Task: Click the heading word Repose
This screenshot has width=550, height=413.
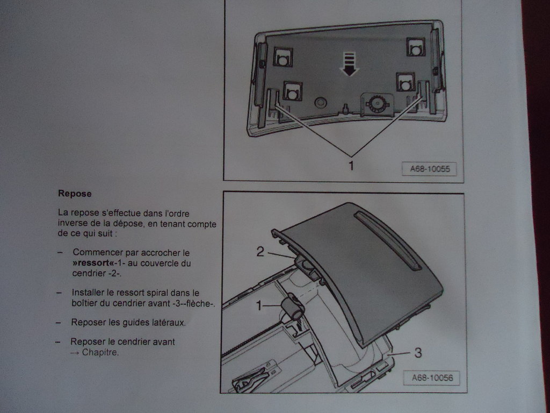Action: pyautogui.click(x=75, y=193)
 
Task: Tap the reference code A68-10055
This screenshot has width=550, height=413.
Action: pyautogui.click(x=429, y=169)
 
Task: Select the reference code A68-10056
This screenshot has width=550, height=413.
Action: pyautogui.click(x=432, y=378)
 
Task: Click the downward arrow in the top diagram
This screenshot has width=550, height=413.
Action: pyautogui.click(x=350, y=64)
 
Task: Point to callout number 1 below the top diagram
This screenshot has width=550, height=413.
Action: pyautogui.click(x=351, y=165)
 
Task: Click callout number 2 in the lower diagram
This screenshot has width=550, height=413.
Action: pyautogui.click(x=260, y=252)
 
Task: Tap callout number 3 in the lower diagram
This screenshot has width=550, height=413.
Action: pyautogui.click(x=418, y=353)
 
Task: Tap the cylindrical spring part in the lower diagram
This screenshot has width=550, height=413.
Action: pyautogui.click(x=292, y=308)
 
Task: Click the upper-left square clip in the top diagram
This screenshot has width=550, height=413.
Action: pyautogui.click(x=283, y=57)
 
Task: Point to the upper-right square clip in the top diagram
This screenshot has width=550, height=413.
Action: pyautogui.click(x=415, y=48)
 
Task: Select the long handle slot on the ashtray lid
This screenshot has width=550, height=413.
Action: pyautogui.click(x=388, y=240)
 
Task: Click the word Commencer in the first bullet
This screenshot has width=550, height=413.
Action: pyautogui.click(x=100, y=252)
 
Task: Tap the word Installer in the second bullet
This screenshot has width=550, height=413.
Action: pyautogui.click(x=88, y=293)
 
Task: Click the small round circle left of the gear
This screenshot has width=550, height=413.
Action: pyautogui.click(x=320, y=102)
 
